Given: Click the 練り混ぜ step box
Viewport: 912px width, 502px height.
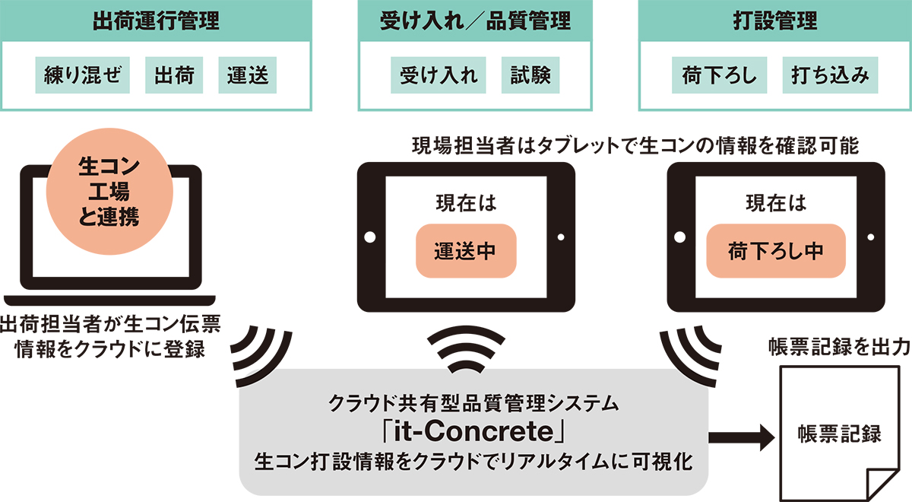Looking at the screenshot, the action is click(x=82, y=75).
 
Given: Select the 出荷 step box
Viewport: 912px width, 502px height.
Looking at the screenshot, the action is click(x=174, y=75).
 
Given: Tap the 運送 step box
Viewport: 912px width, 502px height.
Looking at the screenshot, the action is click(x=248, y=75).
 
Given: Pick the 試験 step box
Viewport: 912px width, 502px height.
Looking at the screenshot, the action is click(x=530, y=75).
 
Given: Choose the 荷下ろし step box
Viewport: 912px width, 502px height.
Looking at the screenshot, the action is click(x=720, y=75).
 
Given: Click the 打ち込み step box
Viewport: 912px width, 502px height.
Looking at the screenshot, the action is click(x=830, y=75).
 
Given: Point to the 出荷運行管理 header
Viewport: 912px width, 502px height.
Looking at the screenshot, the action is click(x=156, y=21).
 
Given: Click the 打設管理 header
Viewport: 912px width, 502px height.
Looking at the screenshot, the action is click(x=774, y=21).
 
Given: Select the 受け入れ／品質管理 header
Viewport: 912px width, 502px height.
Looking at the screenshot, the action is click(x=475, y=21).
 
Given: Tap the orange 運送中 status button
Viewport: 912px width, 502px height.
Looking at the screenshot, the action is click(x=466, y=251).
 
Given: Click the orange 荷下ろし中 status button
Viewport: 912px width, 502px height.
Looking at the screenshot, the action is click(x=776, y=251).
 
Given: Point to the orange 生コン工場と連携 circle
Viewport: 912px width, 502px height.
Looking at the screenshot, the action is click(x=109, y=192).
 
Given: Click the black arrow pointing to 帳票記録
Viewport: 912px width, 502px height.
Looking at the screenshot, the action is click(x=742, y=437).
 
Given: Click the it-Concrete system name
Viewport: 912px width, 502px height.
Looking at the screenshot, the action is click(x=474, y=432).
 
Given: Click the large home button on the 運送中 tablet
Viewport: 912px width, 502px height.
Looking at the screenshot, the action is click(x=369, y=237).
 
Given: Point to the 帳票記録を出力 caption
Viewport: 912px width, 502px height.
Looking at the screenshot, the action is click(x=839, y=348).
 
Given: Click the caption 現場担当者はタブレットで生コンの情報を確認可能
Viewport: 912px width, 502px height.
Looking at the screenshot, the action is click(x=635, y=146).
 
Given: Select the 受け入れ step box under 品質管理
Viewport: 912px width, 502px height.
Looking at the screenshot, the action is click(x=438, y=75).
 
